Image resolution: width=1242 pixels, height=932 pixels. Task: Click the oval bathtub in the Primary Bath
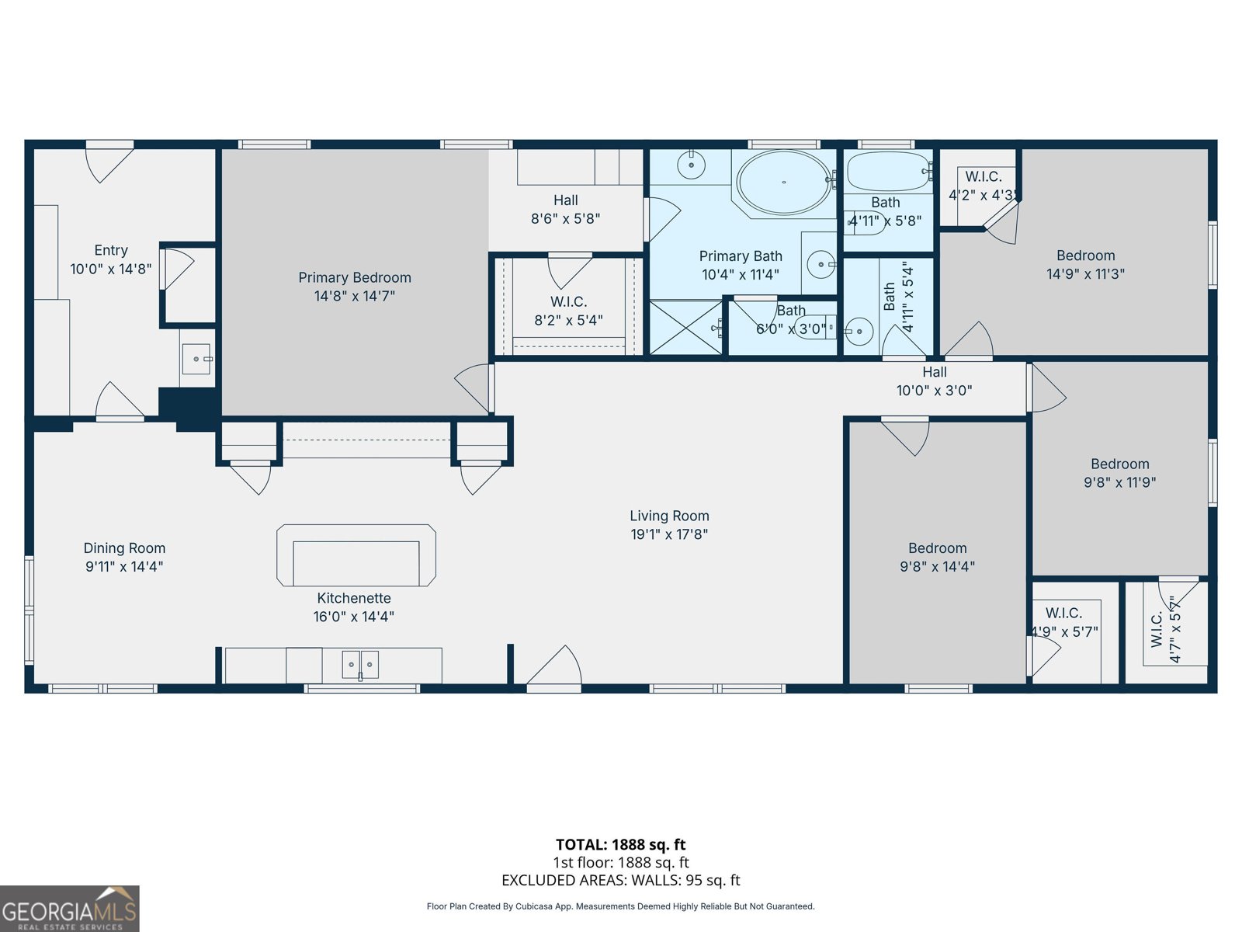click(783, 183)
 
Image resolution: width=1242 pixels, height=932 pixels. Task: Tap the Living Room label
click(669, 516)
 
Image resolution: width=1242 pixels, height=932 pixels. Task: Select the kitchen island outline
click(356, 555)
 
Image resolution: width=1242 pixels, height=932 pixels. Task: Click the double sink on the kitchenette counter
click(360, 665)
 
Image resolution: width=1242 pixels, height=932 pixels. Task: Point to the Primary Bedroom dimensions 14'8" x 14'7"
click(355, 296)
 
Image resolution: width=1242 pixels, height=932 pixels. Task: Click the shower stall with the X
click(686, 328)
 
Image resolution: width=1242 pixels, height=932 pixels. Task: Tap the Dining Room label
click(124, 548)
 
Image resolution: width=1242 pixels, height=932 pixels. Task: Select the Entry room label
click(111, 250)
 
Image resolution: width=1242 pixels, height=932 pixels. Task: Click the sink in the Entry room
click(196, 359)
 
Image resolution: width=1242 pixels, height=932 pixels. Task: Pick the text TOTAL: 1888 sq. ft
click(620, 844)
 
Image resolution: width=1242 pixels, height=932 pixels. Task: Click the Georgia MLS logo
click(69, 909)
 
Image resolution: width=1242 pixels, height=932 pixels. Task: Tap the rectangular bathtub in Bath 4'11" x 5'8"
click(886, 172)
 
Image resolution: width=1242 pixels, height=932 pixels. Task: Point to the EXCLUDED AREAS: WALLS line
click(620, 880)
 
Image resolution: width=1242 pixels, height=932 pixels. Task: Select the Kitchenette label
click(354, 598)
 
